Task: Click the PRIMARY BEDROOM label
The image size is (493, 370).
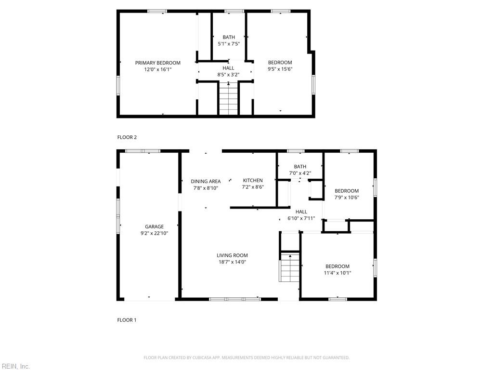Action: tap(157, 63)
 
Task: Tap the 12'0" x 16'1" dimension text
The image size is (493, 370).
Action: tap(157, 69)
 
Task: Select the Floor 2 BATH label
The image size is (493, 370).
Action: tap(229, 37)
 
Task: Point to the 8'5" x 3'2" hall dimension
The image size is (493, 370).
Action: tap(228, 75)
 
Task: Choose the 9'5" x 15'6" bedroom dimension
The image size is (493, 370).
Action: tap(280, 69)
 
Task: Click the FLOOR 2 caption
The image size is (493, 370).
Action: tap(127, 137)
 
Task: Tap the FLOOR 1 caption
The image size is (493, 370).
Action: tap(127, 320)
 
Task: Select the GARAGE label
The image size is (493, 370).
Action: tap(155, 226)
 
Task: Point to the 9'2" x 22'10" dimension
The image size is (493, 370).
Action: tap(155, 233)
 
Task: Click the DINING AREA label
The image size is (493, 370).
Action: tap(206, 182)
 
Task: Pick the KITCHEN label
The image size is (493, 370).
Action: tap(253, 180)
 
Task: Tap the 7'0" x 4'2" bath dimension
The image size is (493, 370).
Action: tap(300, 173)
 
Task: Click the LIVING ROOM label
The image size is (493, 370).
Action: tap(232, 255)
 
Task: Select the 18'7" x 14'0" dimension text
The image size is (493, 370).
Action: tap(232, 262)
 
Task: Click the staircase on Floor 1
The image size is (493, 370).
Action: tap(289, 268)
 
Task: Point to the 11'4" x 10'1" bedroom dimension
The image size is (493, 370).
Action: tap(337, 273)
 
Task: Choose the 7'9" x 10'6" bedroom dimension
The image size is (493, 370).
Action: tap(347, 197)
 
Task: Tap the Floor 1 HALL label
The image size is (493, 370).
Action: tap(301, 211)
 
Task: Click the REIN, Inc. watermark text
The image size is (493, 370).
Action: tap(15, 366)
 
